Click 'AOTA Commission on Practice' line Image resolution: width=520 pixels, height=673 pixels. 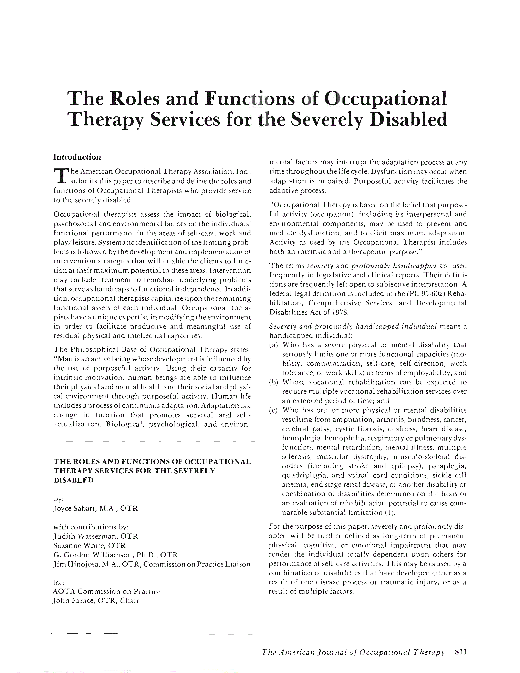[107, 591]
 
